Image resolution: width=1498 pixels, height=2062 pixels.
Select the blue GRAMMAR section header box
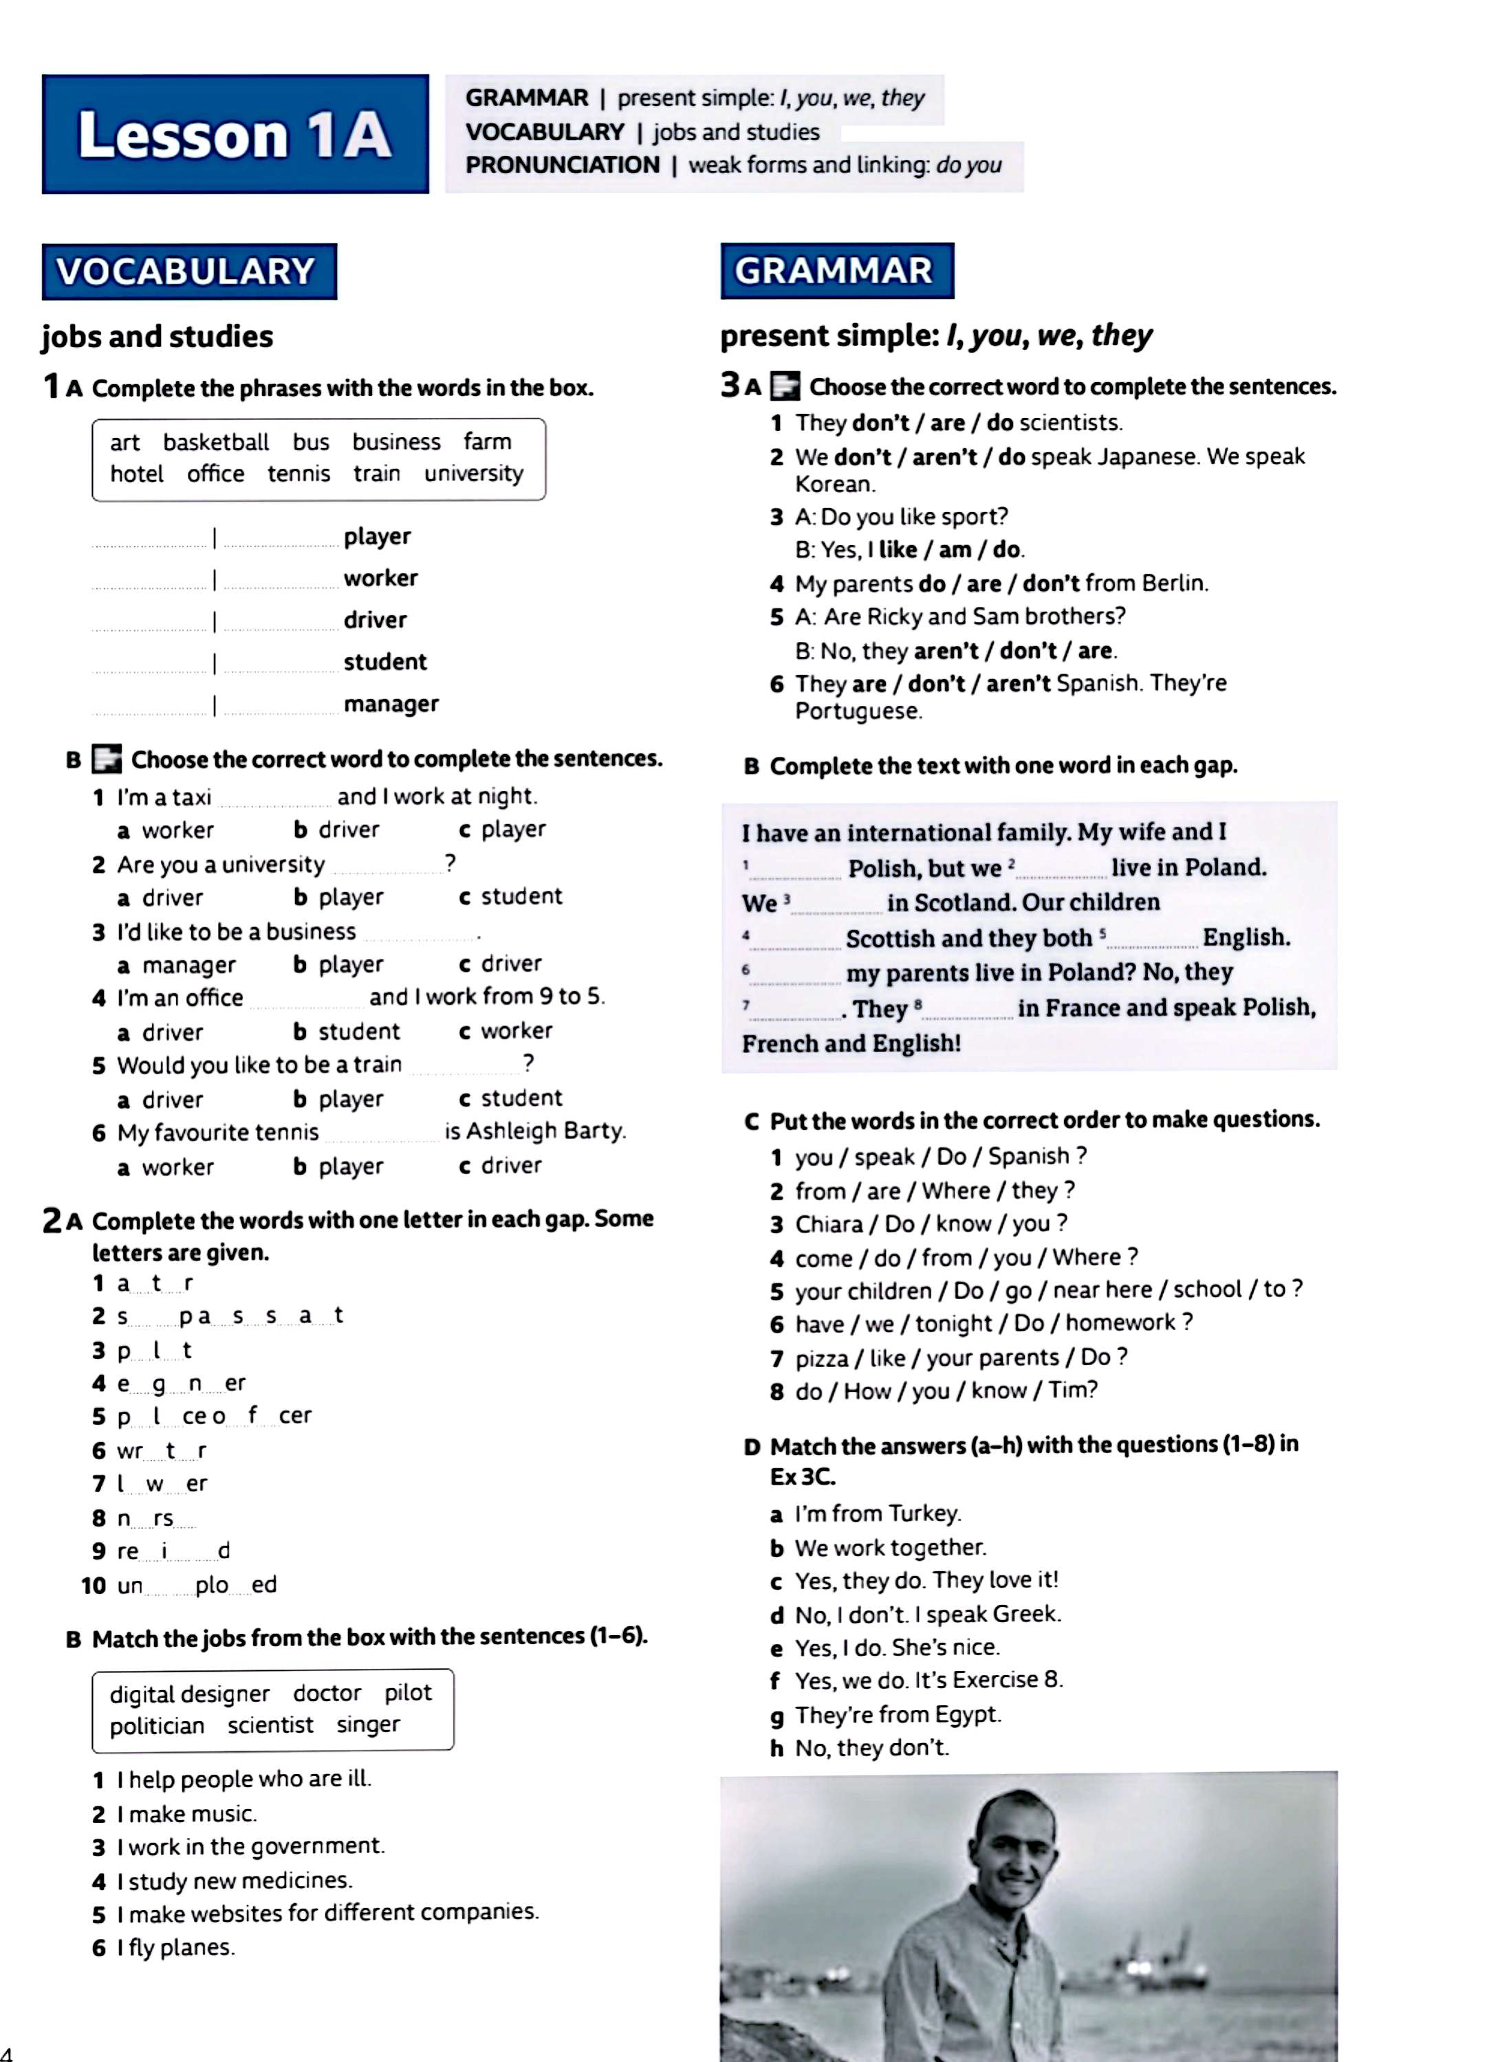837,270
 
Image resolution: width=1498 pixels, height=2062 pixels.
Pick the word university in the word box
473,474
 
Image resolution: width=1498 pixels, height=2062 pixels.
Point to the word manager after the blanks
391,704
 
